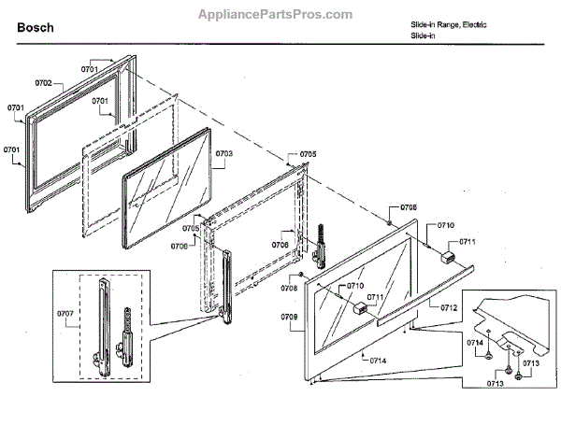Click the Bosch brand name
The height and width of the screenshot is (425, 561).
tap(36, 28)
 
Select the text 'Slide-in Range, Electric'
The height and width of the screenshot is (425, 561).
tap(448, 23)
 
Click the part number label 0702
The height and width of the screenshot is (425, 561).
tap(50, 84)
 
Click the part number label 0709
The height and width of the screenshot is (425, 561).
tap(289, 318)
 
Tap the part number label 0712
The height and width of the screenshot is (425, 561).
tap(450, 305)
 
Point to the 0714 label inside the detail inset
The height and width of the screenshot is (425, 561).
tap(474, 344)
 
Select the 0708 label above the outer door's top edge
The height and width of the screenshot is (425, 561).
tap(409, 206)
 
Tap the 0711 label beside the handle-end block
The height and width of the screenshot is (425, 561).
tap(467, 242)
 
